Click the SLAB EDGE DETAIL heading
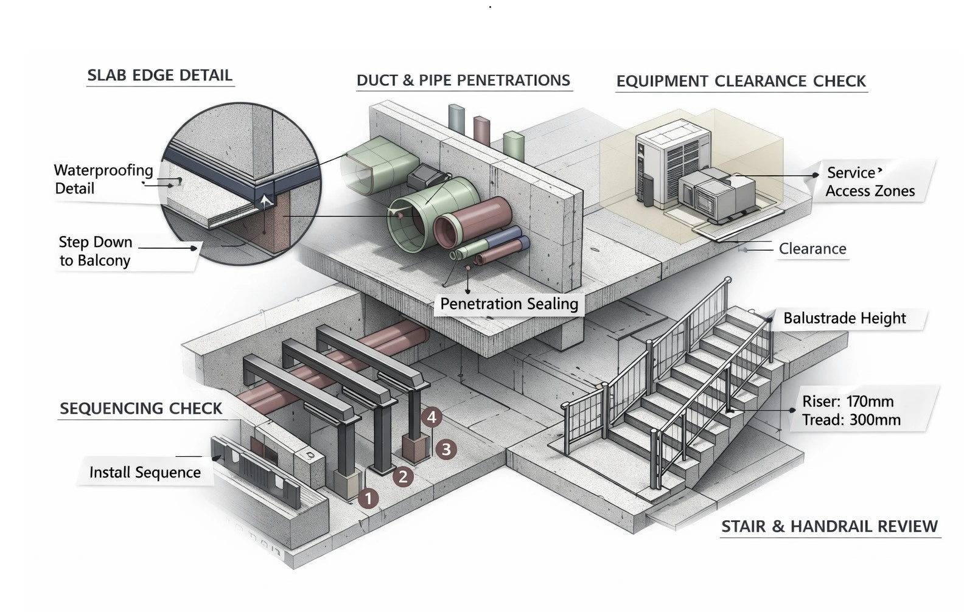159,75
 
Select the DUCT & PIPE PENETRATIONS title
463,80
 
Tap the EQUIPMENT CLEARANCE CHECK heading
741,82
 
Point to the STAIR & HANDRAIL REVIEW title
830,526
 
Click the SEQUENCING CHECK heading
141,408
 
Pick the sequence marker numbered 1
368,499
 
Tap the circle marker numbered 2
402,476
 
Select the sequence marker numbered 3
446,450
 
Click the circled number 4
431,417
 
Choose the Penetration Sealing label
509,304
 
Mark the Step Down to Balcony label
95,251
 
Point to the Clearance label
812,249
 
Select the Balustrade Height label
844,318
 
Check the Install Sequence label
145,473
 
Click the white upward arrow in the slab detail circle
265,200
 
